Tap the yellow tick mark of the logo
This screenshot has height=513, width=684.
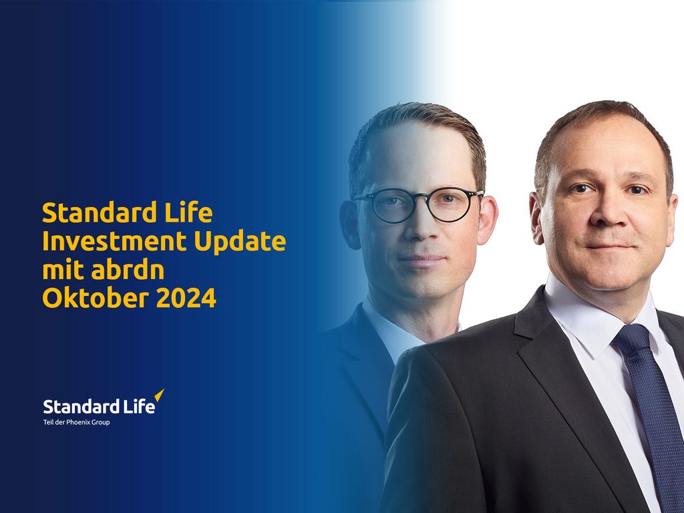pos(159,396)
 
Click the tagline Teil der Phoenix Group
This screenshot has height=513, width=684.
pos(77,422)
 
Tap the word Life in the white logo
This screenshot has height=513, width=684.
pos(138,406)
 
